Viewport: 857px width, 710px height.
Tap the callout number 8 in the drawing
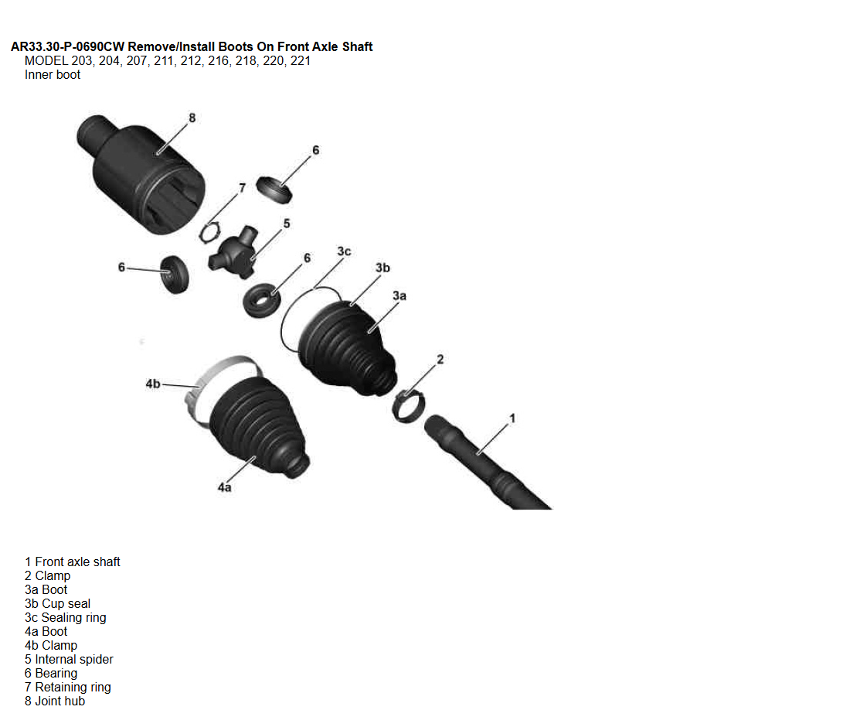[x=192, y=118]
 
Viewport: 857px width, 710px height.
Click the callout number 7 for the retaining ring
[x=242, y=188]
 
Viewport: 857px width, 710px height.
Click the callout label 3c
[x=344, y=251]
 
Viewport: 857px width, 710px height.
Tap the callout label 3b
[x=383, y=268]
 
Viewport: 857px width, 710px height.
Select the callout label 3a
[x=400, y=295]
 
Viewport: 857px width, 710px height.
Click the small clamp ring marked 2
[x=409, y=406]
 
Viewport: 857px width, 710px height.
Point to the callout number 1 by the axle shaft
[x=512, y=418]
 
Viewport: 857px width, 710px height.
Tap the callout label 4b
[x=153, y=384]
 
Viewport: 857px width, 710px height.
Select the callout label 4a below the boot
[x=225, y=486]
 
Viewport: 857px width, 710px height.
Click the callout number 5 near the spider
[x=287, y=224]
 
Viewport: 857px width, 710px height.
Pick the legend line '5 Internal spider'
[x=69, y=659]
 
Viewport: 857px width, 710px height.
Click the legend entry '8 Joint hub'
[x=55, y=701]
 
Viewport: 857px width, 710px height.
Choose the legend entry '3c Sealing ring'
[x=66, y=617]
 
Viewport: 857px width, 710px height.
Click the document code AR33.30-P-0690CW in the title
[x=68, y=46]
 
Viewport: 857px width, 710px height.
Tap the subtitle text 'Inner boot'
[x=53, y=74]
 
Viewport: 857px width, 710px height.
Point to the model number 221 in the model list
[x=300, y=61]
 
